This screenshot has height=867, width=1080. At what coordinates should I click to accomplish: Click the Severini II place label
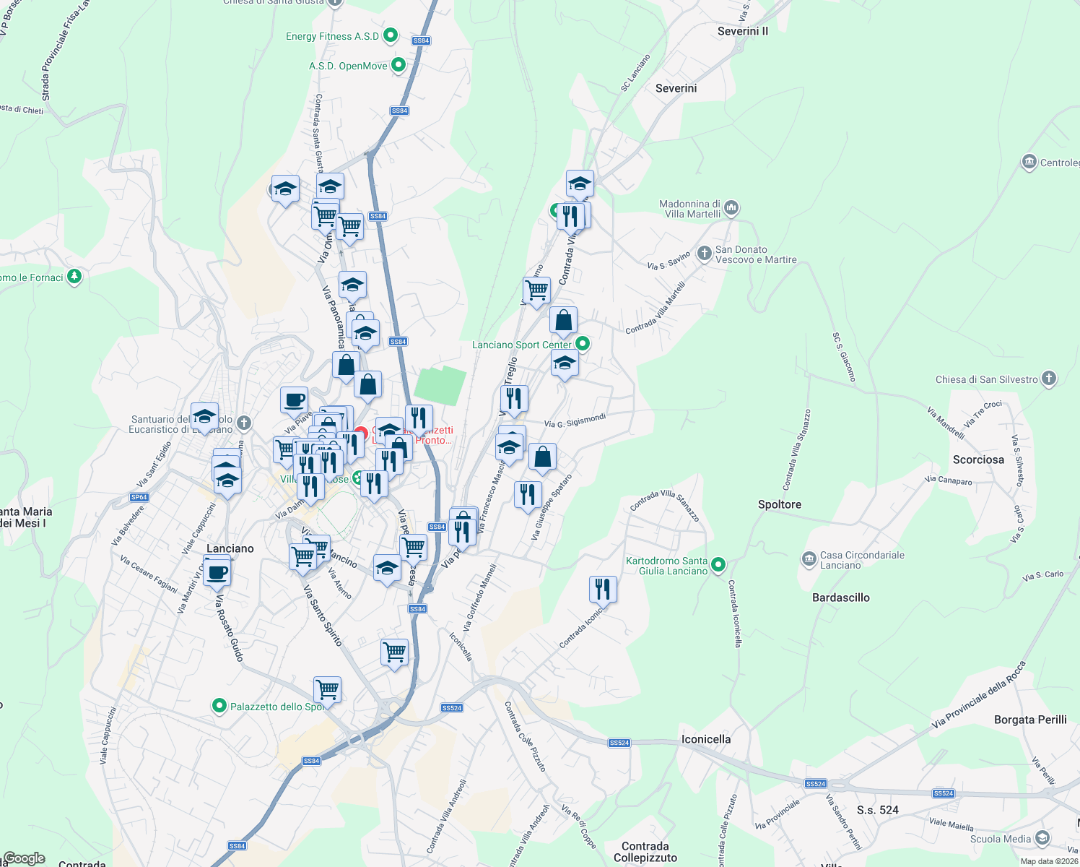pyautogui.click(x=743, y=31)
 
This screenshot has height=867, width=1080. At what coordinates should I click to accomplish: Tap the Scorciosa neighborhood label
pyautogui.click(x=978, y=460)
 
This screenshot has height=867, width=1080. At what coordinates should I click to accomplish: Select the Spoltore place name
pyautogui.click(x=780, y=504)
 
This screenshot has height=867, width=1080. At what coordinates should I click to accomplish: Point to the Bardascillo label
pyautogui.click(x=841, y=598)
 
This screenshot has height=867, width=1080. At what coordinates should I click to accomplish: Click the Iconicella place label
pyautogui.click(x=706, y=739)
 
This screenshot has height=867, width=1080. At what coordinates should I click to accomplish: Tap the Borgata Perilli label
pyautogui.click(x=1030, y=720)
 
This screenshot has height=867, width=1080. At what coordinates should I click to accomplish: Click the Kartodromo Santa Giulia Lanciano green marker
pyautogui.click(x=718, y=564)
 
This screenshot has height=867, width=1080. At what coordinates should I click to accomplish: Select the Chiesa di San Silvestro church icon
pyautogui.click(x=1049, y=379)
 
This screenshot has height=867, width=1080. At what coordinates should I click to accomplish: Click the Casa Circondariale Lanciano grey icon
pyautogui.click(x=809, y=558)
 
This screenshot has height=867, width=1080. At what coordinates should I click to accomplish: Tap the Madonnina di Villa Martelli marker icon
pyautogui.click(x=731, y=208)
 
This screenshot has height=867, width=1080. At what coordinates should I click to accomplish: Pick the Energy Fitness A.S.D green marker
pyautogui.click(x=391, y=35)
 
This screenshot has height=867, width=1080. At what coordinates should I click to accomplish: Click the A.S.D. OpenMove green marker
pyautogui.click(x=398, y=65)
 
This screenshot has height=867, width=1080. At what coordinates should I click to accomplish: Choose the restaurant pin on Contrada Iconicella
pyautogui.click(x=603, y=590)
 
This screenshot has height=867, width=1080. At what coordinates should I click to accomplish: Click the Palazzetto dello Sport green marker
pyautogui.click(x=219, y=706)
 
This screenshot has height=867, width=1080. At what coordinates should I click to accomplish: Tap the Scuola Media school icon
pyautogui.click(x=1042, y=838)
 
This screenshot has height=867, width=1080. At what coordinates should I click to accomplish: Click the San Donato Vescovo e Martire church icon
pyautogui.click(x=705, y=254)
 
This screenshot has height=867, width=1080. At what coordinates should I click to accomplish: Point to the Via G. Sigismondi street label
pyautogui.click(x=575, y=420)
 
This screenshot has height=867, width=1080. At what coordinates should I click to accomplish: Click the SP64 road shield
pyautogui.click(x=139, y=497)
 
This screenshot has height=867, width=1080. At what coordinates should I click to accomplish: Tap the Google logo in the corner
pyautogui.click(x=24, y=858)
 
